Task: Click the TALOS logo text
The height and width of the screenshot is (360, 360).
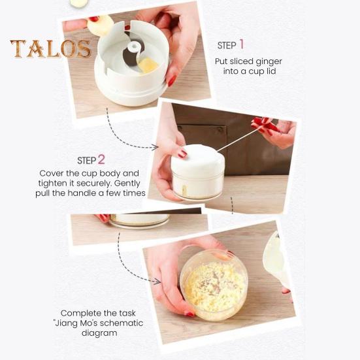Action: pos(50,49)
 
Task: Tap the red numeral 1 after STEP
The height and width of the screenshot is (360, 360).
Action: pos(241,44)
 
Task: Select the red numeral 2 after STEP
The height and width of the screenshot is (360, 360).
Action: pos(101,159)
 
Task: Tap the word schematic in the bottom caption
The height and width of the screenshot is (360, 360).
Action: pos(121,323)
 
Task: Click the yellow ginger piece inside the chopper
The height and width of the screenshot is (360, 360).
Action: pos(148,65)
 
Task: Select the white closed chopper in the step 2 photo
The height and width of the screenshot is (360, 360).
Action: pos(197,171)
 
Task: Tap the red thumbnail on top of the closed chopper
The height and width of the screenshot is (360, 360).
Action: pos(182,154)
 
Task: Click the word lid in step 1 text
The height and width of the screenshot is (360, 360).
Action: pos(270,71)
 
